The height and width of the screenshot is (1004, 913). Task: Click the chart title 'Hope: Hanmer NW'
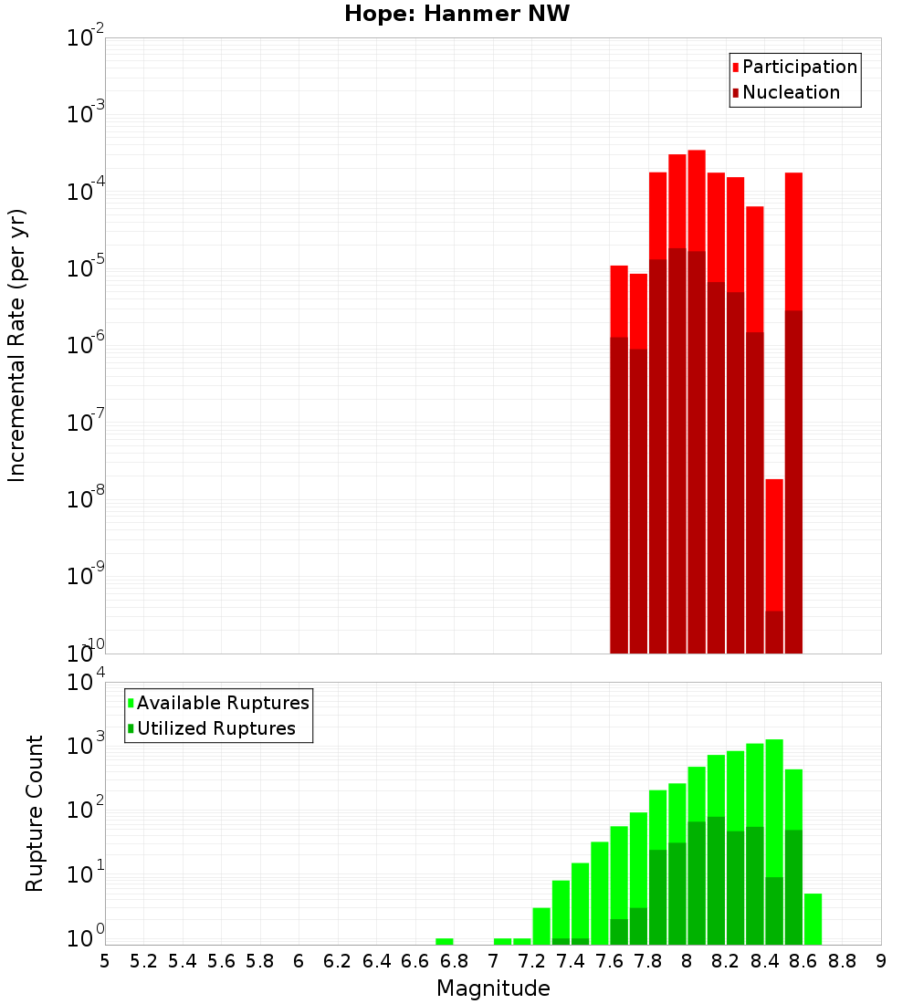click(x=456, y=15)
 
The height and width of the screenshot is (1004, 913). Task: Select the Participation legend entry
click(x=799, y=67)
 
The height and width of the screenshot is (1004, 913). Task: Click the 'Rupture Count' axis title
click(x=35, y=812)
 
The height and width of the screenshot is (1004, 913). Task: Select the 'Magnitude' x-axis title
click(x=493, y=988)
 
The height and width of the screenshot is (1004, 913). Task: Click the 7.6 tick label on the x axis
click(x=609, y=961)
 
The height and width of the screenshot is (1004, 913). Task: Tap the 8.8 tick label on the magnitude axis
click(x=842, y=961)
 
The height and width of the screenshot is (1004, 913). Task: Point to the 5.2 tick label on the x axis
click(x=143, y=961)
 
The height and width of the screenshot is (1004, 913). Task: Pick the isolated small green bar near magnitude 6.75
click(x=445, y=941)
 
